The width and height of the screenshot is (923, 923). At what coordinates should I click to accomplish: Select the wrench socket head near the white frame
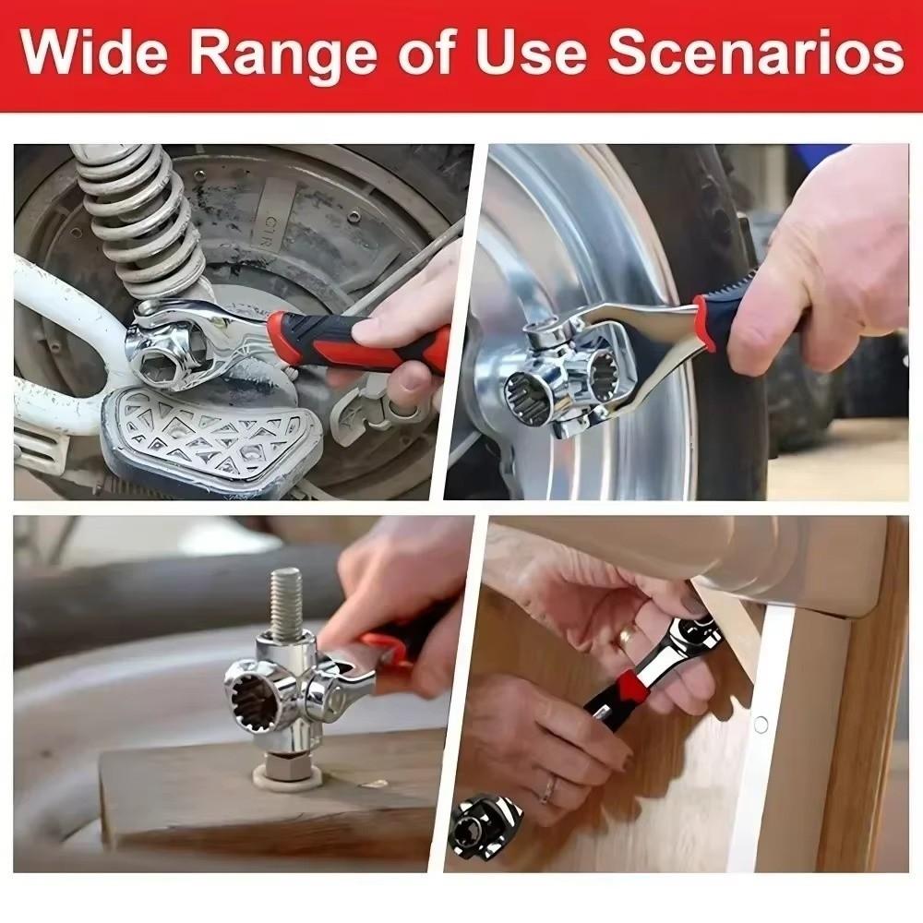coord(166,351)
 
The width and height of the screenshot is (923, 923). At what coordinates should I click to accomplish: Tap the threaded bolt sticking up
coord(287,604)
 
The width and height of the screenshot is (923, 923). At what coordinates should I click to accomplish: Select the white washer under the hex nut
coord(288,776)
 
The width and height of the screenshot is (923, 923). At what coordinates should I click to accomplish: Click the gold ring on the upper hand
coord(627,637)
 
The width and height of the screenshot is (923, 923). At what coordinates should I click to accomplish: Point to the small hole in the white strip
coord(761,724)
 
